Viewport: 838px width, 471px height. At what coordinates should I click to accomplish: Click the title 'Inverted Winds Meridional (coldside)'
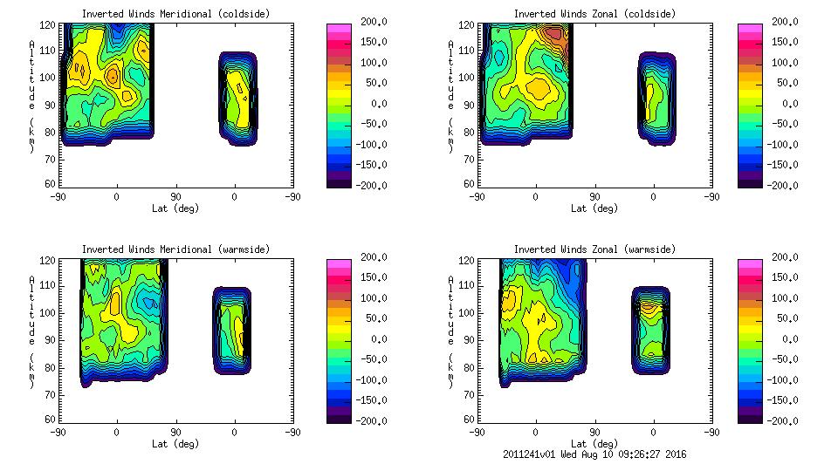point(175,14)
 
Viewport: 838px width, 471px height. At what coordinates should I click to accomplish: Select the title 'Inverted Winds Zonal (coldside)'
point(594,14)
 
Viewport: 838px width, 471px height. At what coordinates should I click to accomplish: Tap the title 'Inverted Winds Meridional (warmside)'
point(175,249)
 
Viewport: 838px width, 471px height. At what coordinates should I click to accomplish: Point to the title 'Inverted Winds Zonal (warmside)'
point(594,249)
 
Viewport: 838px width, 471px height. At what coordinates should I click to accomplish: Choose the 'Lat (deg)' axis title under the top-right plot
point(591,208)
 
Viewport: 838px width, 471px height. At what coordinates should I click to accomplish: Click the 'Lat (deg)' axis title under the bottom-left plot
point(176,444)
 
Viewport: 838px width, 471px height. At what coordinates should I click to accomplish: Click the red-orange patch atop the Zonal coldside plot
point(552,35)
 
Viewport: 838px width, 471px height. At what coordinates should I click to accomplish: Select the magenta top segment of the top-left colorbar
point(338,29)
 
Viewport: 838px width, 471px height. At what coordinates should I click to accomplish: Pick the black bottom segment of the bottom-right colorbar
point(749,418)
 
